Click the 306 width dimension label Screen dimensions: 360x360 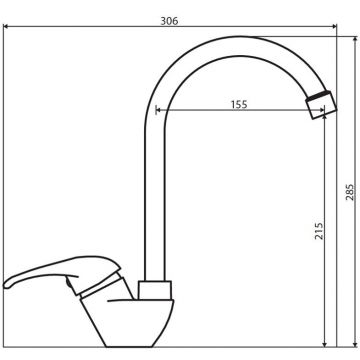[169, 21]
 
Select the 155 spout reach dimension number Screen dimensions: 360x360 [239, 104]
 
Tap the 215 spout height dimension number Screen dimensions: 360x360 [319, 231]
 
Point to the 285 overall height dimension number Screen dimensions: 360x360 [350, 192]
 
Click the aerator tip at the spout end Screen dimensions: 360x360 [321, 105]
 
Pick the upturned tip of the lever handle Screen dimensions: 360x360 [7, 284]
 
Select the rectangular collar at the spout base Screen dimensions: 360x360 [155, 290]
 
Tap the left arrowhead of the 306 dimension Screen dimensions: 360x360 [6, 26]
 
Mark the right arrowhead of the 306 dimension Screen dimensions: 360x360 [334, 26]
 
